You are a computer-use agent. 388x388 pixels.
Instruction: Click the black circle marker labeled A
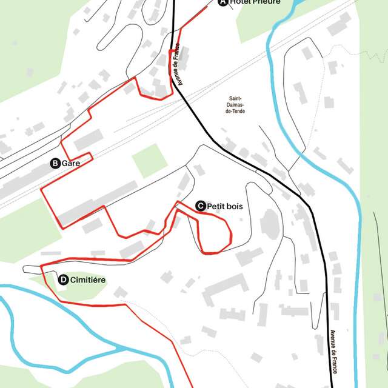click(x=222, y=2)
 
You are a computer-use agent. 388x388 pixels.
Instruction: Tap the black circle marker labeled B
click(x=55, y=163)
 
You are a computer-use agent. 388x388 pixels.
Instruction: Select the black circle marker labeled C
click(x=200, y=206)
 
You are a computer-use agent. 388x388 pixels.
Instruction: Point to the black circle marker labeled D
click(x=63, y=279)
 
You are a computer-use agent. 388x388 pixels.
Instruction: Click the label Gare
click(x=71, y=163)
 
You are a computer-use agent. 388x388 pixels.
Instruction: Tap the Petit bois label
click(x=224, y=206)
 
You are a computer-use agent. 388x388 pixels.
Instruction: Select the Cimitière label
click(x=88, y=279)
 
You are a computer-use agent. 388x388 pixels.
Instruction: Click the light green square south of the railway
click(x=149, y=160)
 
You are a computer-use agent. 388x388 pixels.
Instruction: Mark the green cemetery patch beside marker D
click(x=76, y=291)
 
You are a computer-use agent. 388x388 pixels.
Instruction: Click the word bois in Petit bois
click(x=234, y=206)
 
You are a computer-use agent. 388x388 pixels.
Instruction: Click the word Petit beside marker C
click(x=215, y=206)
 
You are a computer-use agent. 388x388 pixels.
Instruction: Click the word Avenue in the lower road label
click(x=333, y=340)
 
